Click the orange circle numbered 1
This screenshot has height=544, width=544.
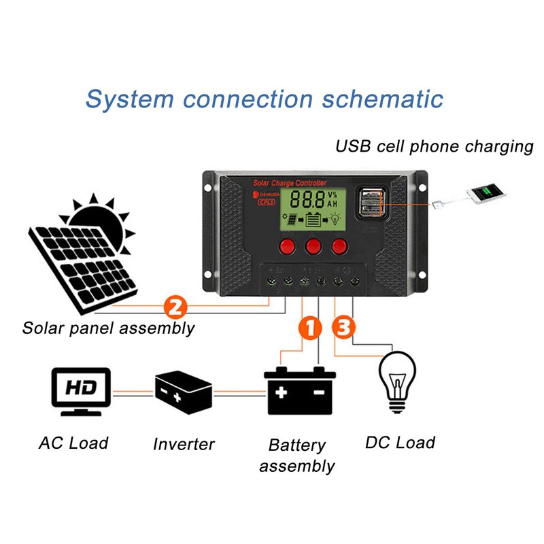309,329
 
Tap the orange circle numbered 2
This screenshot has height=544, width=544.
174,307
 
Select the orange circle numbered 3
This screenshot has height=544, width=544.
343,328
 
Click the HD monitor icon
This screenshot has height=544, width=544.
81,392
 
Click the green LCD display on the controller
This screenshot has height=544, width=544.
313,207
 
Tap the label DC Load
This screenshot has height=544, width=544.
400,443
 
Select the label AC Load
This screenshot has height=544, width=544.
73,443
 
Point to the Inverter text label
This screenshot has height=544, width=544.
184,445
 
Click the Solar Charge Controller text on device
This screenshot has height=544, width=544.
290,183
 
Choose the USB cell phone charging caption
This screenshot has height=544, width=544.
435,146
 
